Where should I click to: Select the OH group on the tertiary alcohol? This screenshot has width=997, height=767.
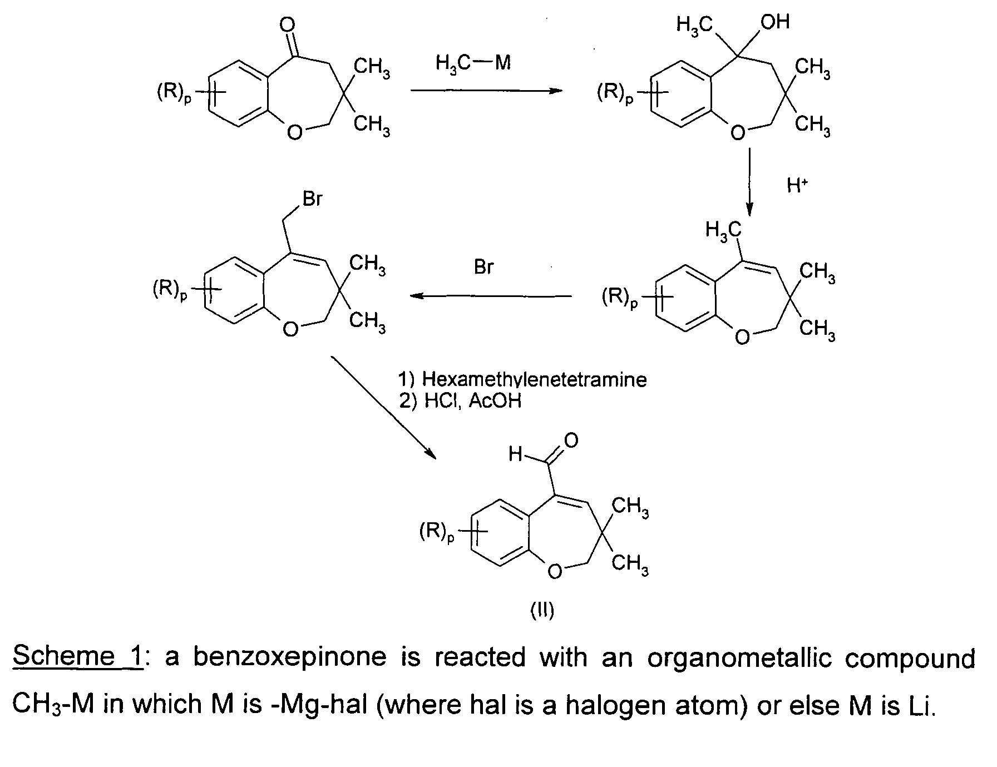point(775,22)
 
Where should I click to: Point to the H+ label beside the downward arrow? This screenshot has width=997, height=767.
point(797,185)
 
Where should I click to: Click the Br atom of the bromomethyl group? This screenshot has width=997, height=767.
point(313,199)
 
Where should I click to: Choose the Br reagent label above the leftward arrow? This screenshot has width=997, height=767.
point(483,268)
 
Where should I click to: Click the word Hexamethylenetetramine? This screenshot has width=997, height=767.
point(534,379)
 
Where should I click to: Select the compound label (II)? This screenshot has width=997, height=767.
point(541,611)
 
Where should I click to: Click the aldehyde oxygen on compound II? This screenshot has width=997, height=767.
point(571,441)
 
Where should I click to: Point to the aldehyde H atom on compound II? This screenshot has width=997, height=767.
point(515,455)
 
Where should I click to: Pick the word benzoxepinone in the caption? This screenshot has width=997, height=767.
point(289,657)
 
